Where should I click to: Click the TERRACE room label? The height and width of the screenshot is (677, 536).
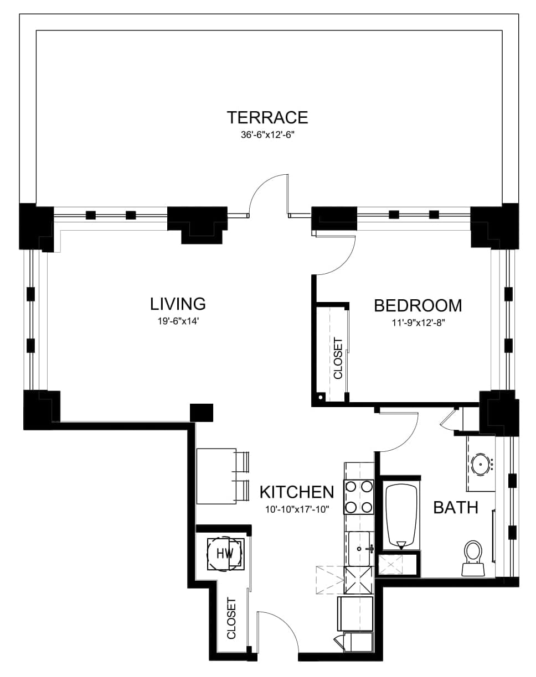click(267, 117)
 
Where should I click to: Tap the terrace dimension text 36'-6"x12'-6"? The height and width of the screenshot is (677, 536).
click(267, 135)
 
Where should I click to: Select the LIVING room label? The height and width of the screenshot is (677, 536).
click(178, 304)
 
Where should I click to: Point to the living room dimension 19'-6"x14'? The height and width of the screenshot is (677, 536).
click(178, 321)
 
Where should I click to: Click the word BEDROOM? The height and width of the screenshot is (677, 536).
click(418, 305)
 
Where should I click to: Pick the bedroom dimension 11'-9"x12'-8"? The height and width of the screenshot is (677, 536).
click(418, 323)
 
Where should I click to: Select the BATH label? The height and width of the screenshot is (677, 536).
click(456, 507)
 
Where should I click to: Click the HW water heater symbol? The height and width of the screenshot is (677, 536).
click(225, 553)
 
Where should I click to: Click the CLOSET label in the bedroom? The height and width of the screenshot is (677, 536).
click(338, 358)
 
